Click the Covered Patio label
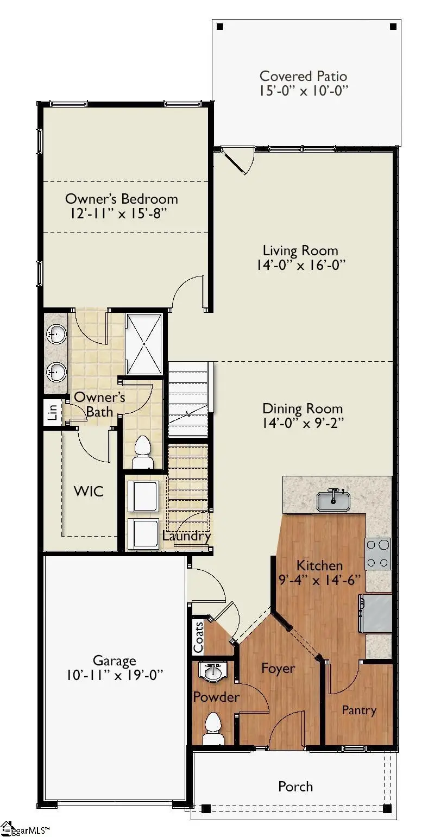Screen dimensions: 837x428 click(x=303, y=76)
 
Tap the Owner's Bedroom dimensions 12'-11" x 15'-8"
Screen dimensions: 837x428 click(x=121, y=213)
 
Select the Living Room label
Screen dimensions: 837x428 click(x=300, y=250)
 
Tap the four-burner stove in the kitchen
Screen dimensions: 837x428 click(x=378, y=554)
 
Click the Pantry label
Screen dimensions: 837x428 click(x=358, y=710)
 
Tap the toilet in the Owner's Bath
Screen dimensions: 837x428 click(x=142, y=453)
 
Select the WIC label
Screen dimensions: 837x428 click(x=89, y=492)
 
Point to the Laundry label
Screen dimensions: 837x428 click(x=186, y=536)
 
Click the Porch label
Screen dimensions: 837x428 click(x=295, y=786)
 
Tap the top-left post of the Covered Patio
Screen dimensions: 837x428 click(x=219, y=26)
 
